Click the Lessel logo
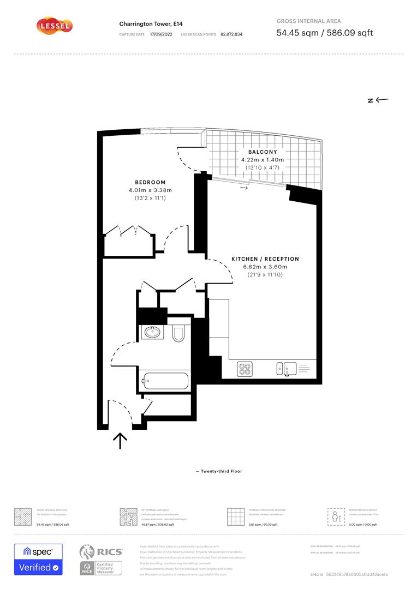point(54,26)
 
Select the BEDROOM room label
point(150,182)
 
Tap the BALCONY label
point(263,152)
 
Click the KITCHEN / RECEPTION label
point(265,259)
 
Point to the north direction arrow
point(378,100)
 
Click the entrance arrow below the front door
point(120,440)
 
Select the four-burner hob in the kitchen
point(245,369)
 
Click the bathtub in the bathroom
point(165,380)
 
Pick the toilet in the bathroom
point(178,333)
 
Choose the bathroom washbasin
point(152,332)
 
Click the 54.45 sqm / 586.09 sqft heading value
point(325,33)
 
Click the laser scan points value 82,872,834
point(231,34)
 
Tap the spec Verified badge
point(38,560)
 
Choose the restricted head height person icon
point(336,516)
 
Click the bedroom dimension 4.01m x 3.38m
point(150,190)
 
